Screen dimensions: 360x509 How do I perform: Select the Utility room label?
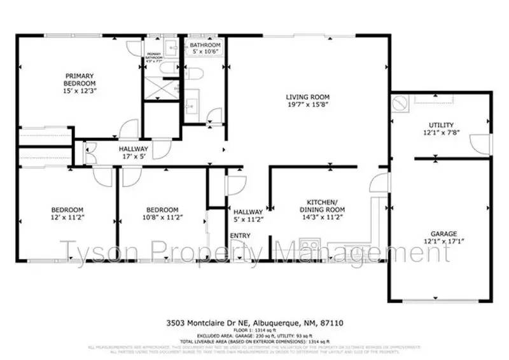click(441, 125)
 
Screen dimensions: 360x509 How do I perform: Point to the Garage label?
click(443, 234)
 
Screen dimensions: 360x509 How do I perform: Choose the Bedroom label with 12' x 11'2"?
click(67, 210)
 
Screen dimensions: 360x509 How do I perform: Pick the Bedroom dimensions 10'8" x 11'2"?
click(162, 218)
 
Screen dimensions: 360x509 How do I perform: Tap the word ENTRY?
click(241, 236)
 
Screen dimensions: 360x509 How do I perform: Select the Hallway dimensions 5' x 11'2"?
click(248, 220)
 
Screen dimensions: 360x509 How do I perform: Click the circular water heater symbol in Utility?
click(400, 103)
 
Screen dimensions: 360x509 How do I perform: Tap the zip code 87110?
click(333, 324)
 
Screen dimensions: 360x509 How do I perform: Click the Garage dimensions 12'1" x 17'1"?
click(443, 242)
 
